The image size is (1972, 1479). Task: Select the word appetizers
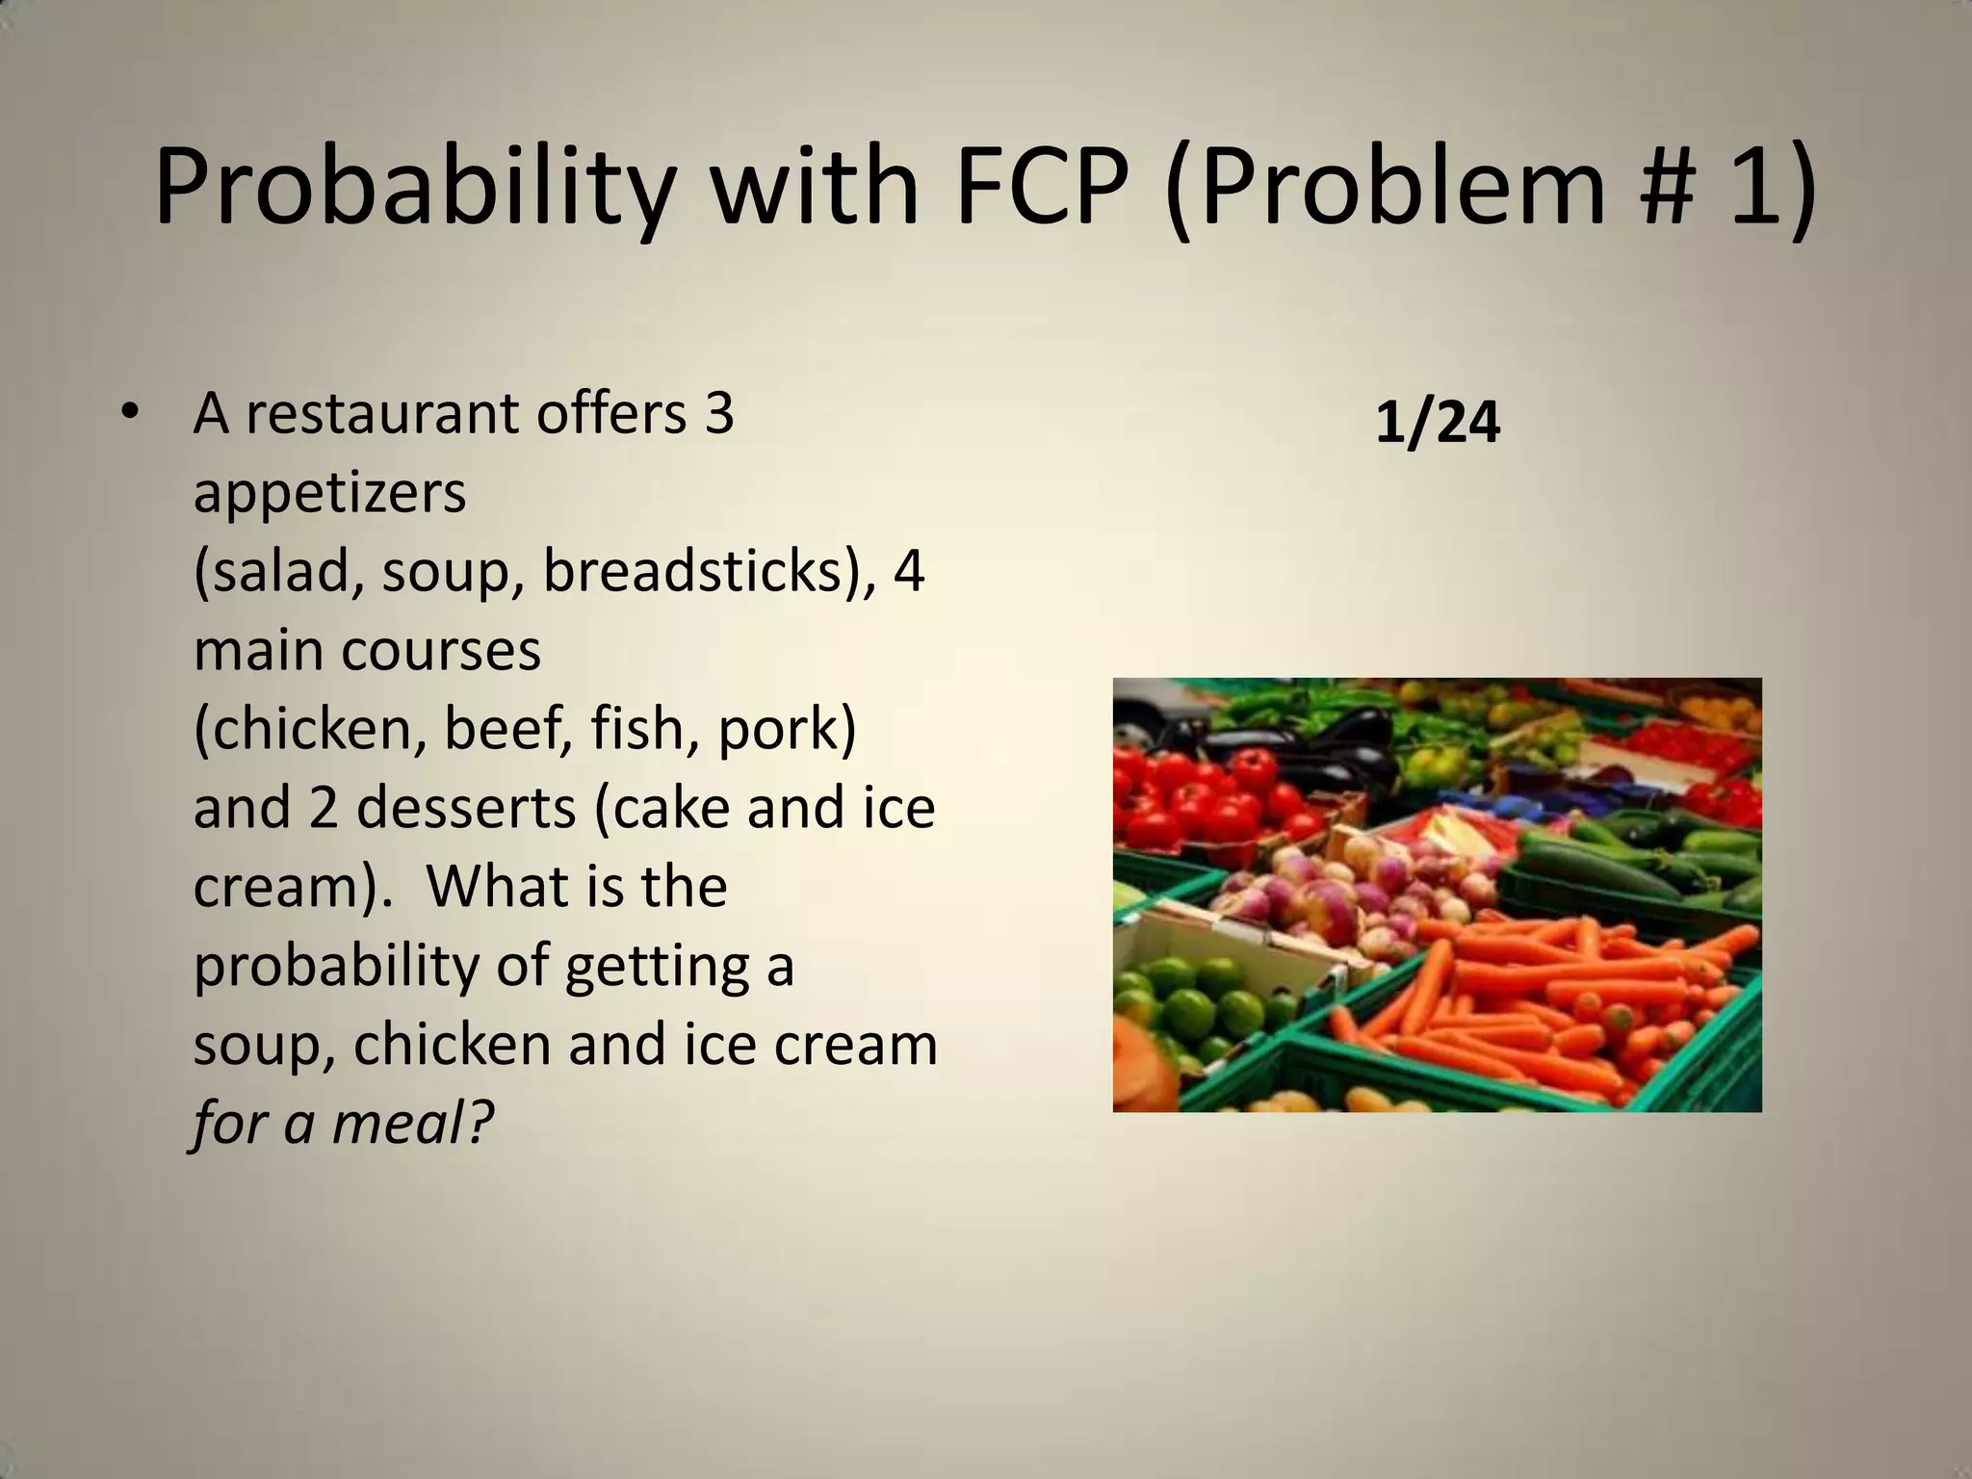point(329,493)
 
